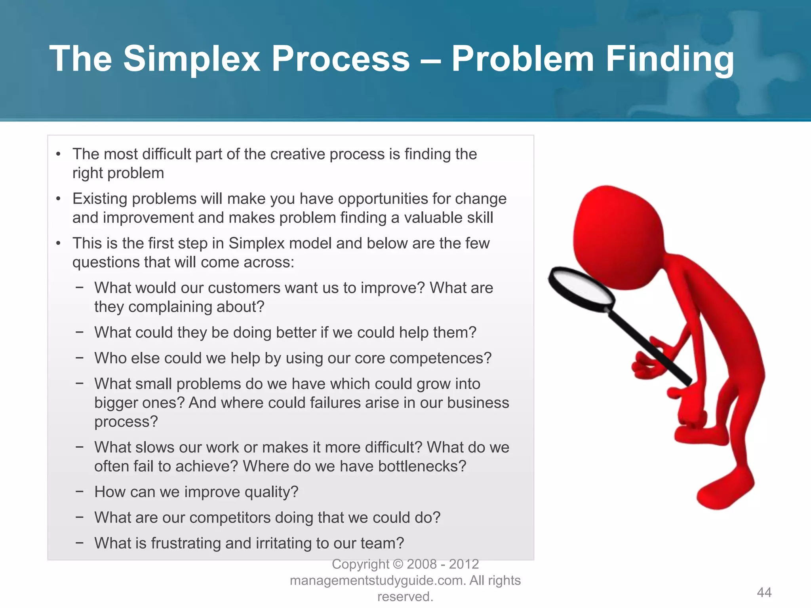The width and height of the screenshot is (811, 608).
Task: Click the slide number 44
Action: [x=764, y=592]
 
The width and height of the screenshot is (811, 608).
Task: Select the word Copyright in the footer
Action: [x=360, y=564]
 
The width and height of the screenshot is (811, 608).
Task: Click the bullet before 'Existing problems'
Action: [x=59, y=199]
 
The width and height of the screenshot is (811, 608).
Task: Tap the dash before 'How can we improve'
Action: [x=80, y=492]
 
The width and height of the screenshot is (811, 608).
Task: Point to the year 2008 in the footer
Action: [x=422, y=564]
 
